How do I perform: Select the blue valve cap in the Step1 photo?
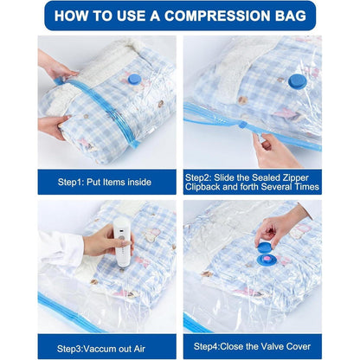click(x=134, y=79)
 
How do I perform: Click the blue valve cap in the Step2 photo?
click(x=298, y=81)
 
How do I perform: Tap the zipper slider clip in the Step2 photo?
click(x=243, y=125)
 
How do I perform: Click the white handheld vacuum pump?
click(x=122, y=241)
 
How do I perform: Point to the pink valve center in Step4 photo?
click(x=267, y=259)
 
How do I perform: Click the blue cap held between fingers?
click(x=264, y=247)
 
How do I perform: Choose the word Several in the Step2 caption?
click(x=276, y=187)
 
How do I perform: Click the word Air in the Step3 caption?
click(x=139, y=349)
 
